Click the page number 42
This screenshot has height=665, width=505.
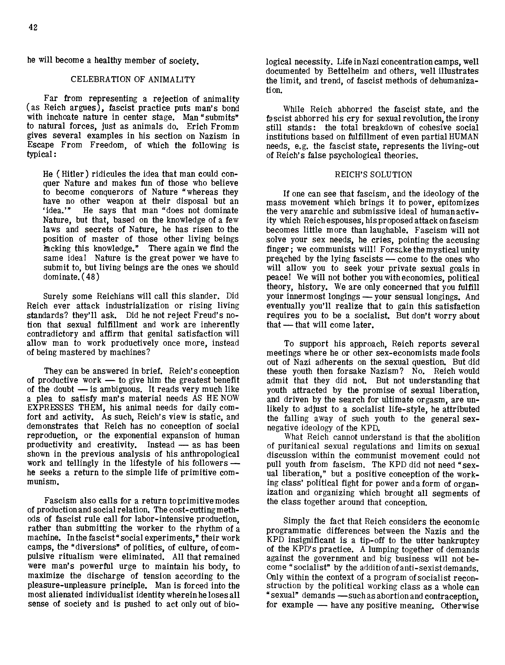[x=33, y=27]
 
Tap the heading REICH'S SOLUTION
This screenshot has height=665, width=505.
[x=373, y=175]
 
